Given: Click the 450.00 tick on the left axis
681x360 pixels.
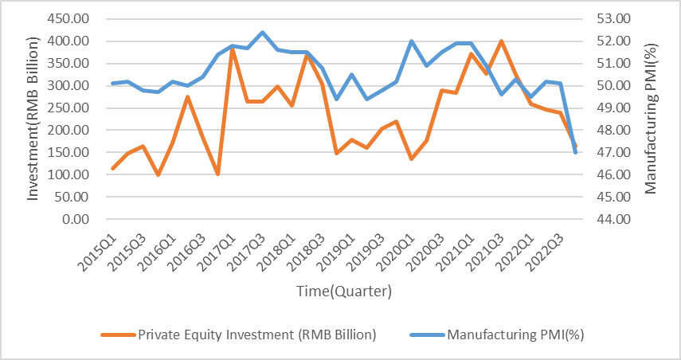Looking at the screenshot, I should tap(69, 18).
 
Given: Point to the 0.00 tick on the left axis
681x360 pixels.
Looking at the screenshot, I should tap(77, 219).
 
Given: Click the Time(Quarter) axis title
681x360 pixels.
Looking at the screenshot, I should tap(343, 292).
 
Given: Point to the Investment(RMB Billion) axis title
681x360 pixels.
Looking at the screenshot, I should tap(33, 119).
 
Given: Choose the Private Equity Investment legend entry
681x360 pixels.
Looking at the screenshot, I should tap(239, 334).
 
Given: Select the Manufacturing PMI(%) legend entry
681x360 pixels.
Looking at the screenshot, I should tap(497, 334).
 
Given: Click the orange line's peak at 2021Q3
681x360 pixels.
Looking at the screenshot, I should tap(501, 41).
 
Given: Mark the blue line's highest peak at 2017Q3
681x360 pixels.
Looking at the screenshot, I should tap(262, 33).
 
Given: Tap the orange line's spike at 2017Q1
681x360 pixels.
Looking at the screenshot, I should tap(232, 49).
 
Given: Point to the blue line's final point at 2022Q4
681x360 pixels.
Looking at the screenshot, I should tap(576, 152).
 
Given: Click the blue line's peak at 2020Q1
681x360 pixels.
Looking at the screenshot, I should tap(411, 41).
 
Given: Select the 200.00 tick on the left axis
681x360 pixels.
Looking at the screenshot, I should tap(69, 130).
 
